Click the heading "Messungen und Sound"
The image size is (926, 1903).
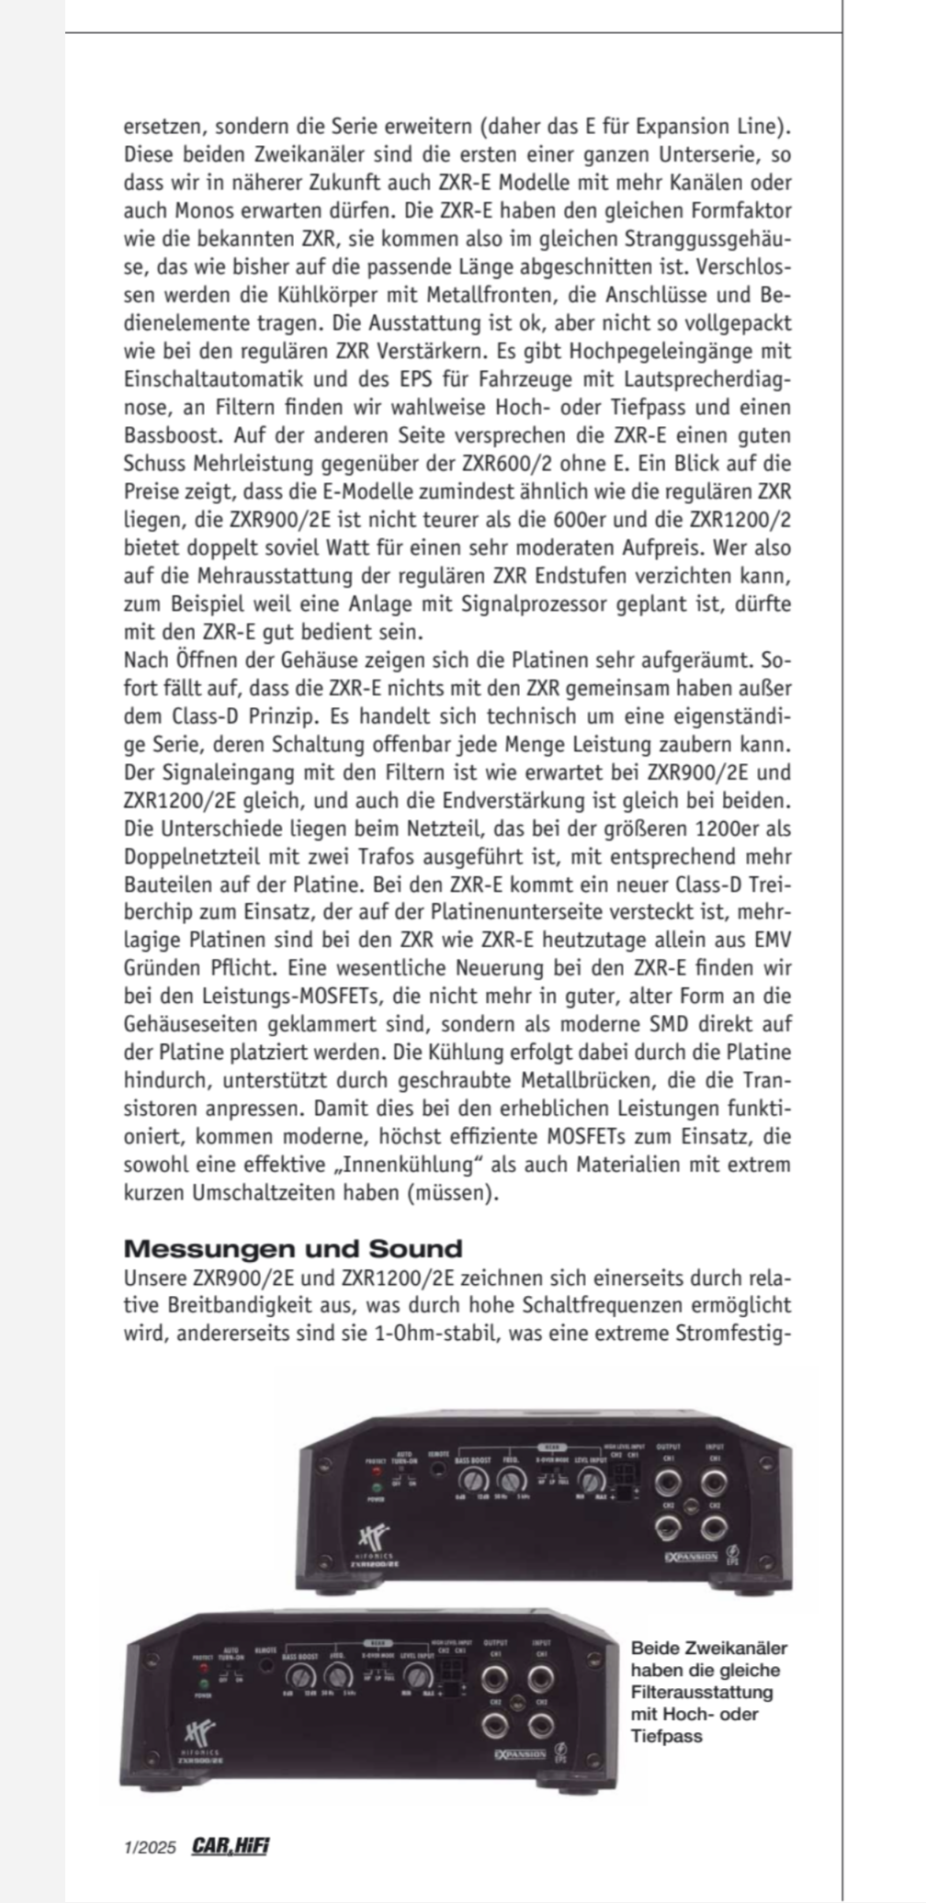[293, 1249]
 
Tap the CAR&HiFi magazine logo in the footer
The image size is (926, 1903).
[231, 1845]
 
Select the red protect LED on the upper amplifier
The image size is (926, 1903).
[376, 1472]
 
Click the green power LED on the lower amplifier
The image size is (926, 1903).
[203, 1684]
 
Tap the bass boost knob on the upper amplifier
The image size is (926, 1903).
[474, 1480]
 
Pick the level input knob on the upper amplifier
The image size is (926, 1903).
[593, 1479]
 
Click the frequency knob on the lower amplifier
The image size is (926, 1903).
[340, 1676]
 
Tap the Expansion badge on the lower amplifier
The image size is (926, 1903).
[520, 1754]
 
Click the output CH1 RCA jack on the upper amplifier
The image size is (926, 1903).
[668, 1482]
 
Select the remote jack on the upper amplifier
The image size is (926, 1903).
[439, 1469]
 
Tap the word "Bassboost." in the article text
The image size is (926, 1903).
[170, 434]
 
